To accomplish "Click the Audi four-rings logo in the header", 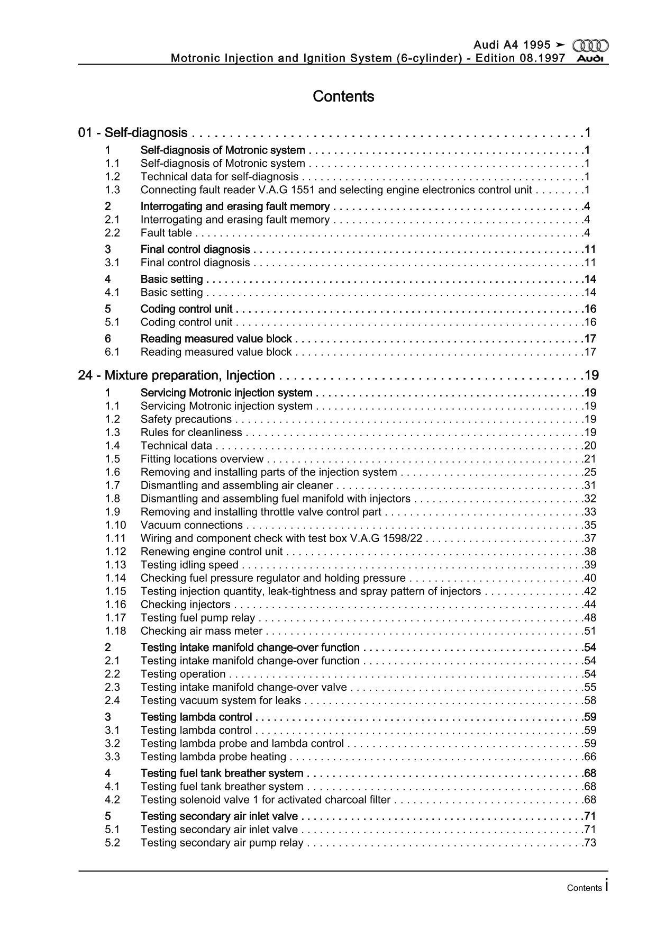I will [x=591, y=46].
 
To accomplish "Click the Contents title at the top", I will [x=343, y=96].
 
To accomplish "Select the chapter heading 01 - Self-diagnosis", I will [x=133, y=133].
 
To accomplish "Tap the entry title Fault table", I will [x=166, y=233].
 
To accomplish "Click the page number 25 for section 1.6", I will [x=590, y=472].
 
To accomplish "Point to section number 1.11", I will [x=115, y=538].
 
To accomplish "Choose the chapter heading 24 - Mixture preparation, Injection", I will [x=176, y=375].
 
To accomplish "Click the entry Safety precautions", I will [x=186, y=419].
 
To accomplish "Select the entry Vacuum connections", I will [x=192, y=525].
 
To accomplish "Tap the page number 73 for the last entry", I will [x=590, y=843].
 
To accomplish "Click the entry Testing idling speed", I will [x=189, y=565].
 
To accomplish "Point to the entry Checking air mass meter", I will [x=202, y=631].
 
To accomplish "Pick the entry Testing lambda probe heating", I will [x=213, y=756].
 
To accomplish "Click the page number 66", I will [x=590, y=756].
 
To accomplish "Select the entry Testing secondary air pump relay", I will [x=222, y=843].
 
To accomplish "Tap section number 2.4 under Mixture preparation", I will [x=112, y=700].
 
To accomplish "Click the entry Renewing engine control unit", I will [x=212, y=552].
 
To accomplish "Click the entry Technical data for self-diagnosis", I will [x=219, y=177].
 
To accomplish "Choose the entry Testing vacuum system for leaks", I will [x=221, y=700].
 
